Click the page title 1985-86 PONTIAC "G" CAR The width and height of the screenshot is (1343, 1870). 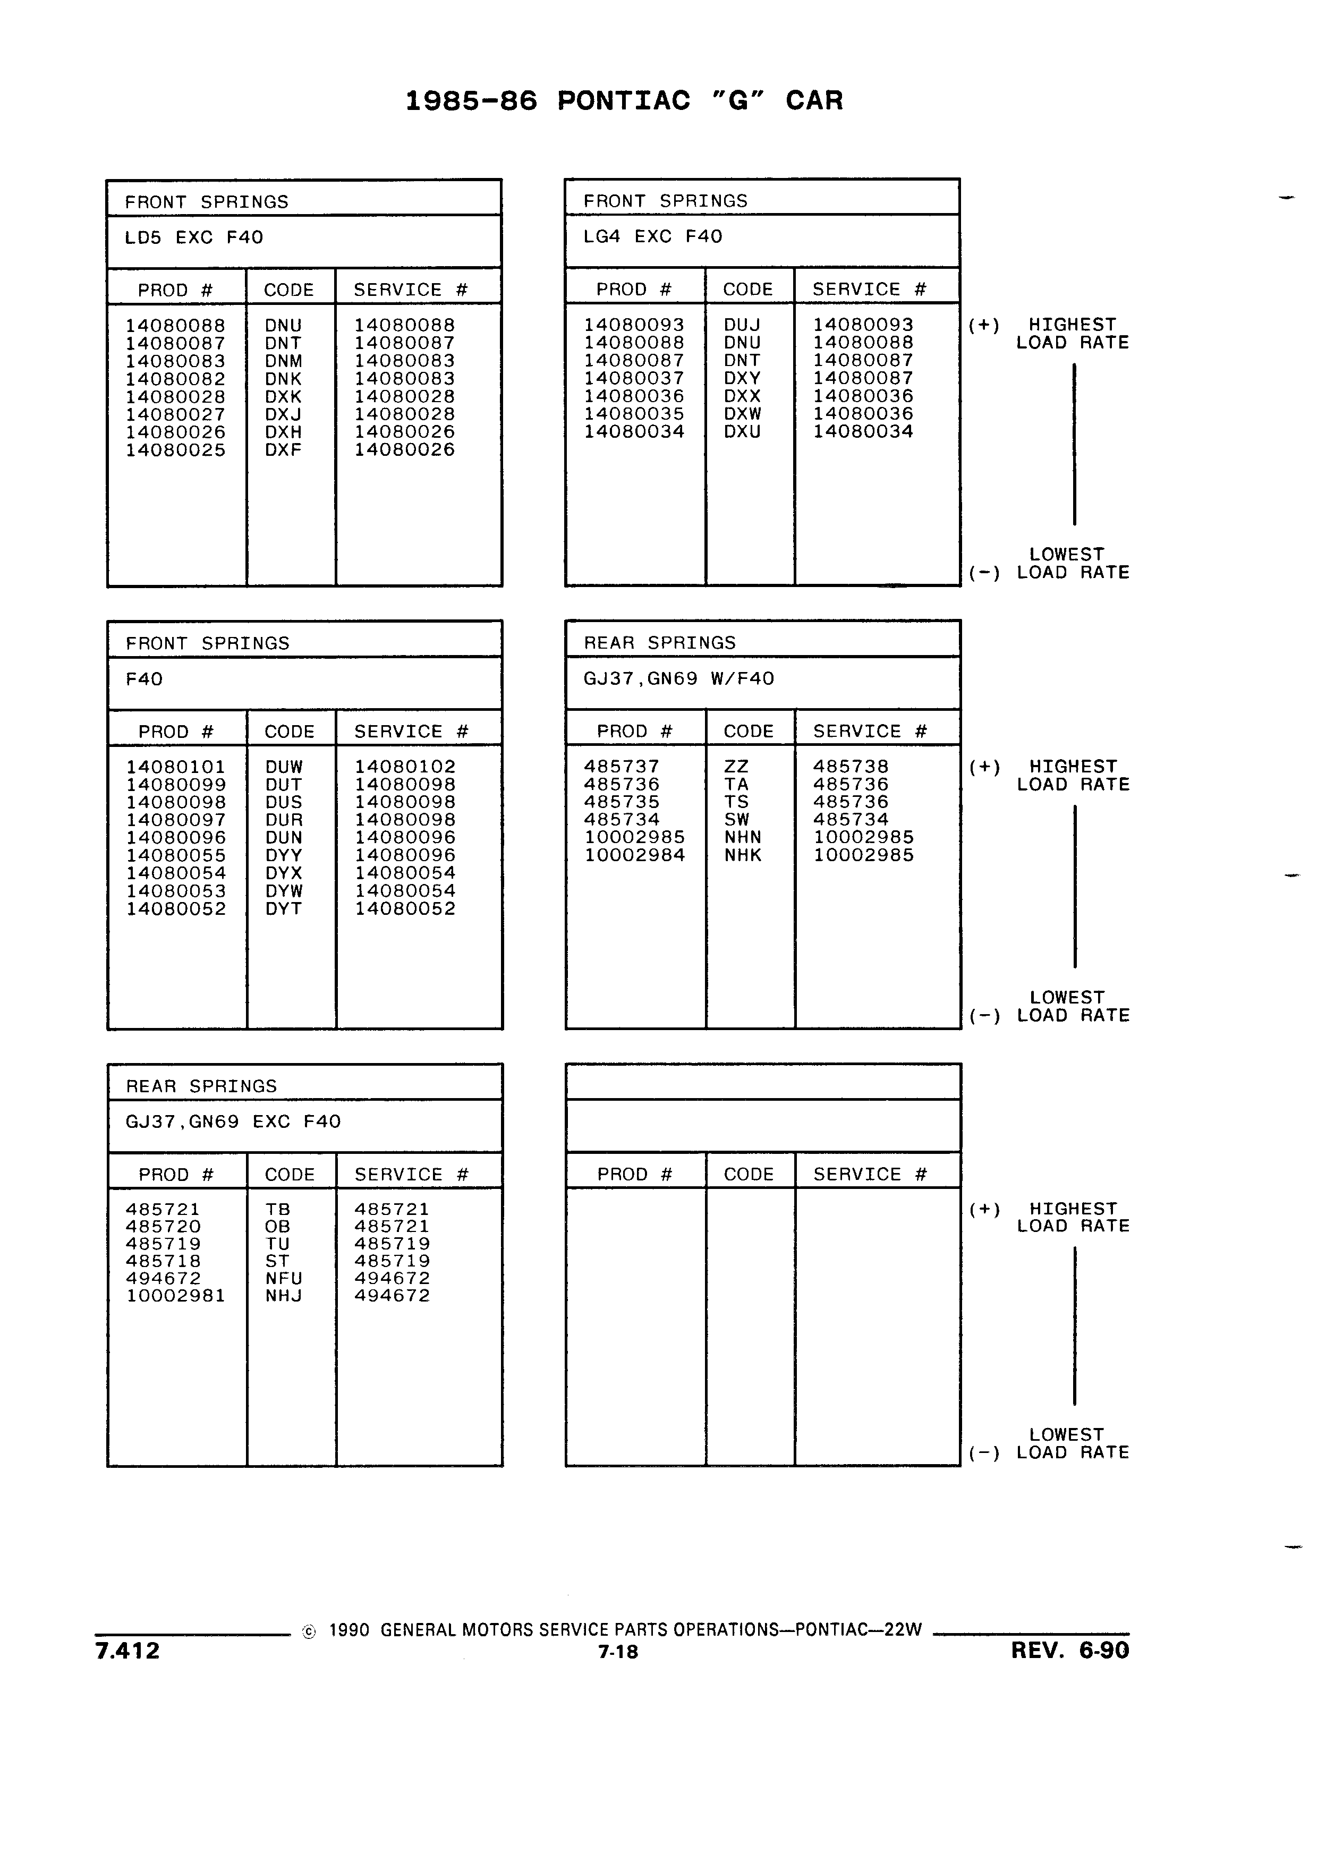(624, 100)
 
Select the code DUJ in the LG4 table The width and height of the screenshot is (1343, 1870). (742, 325)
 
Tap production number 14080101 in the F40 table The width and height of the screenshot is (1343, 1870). (176, 767)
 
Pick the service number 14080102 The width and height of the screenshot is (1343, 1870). (405, 767)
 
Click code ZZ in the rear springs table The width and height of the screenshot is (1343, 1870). (736, 767)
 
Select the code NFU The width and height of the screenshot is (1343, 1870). (284, 1278)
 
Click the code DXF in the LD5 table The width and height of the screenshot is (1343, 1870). (283, 450)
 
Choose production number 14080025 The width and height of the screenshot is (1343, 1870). (176, 450)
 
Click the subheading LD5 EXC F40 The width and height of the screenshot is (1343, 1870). (194, 237)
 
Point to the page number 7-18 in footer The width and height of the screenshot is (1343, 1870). (618, 1652)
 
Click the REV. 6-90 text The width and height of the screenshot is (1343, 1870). (1070, 1650)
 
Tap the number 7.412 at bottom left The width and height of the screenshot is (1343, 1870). (128, 1651)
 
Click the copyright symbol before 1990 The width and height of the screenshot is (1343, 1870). (309, 1631)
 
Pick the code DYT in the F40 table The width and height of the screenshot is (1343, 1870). (284, 908)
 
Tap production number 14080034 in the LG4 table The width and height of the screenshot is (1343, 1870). (634, 431)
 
